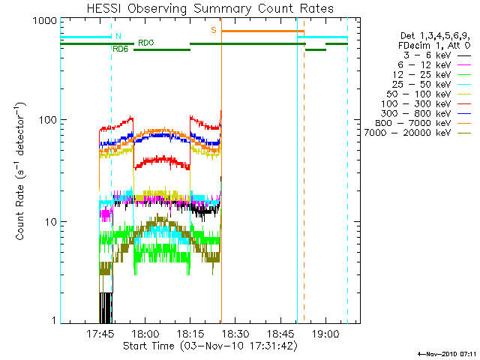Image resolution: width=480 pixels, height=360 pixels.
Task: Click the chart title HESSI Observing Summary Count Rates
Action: [x=210, y=8]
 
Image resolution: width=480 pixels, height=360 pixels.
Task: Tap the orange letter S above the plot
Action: [x=214, y=30]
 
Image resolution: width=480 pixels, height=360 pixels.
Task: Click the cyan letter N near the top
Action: [x=117, y=35]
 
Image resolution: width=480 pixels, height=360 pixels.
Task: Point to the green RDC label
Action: [x=145, y=43]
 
